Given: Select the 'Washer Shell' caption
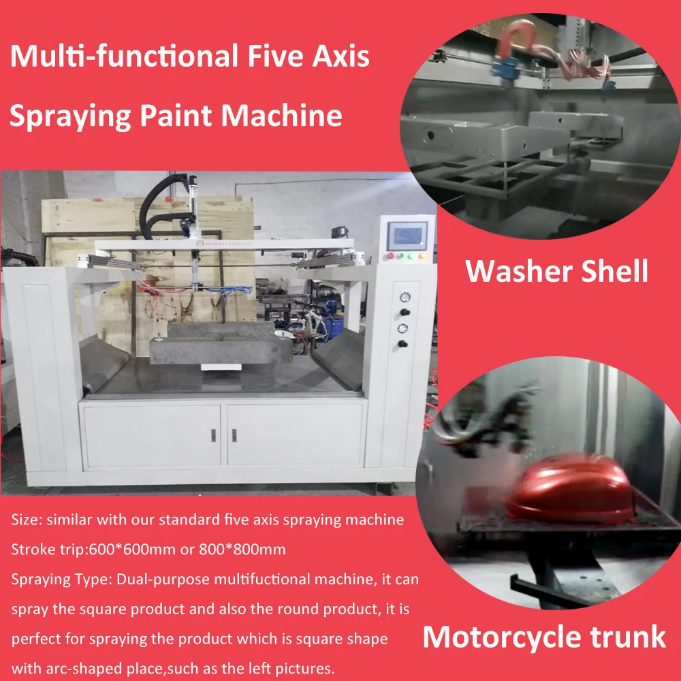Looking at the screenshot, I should pos(556,271).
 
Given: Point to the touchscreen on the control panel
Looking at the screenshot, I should pos(407,235).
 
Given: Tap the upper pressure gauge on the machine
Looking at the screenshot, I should pos(405,297).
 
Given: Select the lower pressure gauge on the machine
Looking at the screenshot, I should pos(405,328).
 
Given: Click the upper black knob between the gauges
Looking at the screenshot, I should pos(406,311).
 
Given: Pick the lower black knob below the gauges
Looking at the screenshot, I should pos(406,343).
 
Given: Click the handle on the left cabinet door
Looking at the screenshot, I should pos(212,433).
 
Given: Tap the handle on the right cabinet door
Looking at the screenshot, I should pos(233,433).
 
